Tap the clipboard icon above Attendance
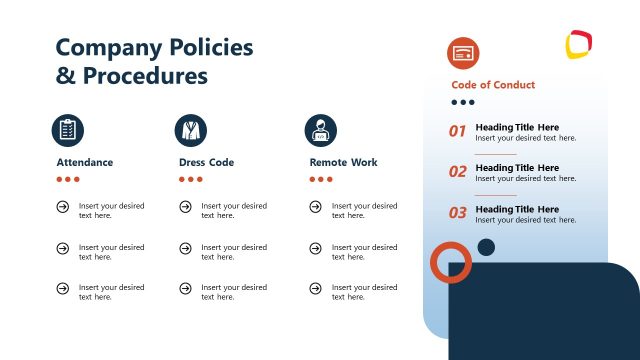click(x=68, y=130)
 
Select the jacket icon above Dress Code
click(x=191, y=130)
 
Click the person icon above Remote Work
click(x=321, y=130)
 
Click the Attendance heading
click(x=85, y=162)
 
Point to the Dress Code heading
click(x=206, y=162)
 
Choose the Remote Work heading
click(x=344, y=162)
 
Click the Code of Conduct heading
click(x=493, y=85)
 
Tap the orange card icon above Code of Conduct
click(x=463, y=52)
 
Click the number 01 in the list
click(x=458, y=131)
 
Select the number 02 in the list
click(x=458, y=172)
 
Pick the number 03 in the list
click(x=458, y=213)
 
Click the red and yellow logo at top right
click(x=579, y=44)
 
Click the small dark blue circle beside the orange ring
click(x=486, y=247)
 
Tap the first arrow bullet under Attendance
click(x=63, y=207)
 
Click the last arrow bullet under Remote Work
click(x=315, y=288)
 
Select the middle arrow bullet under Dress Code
click(x=185, y=248)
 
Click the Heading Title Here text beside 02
click(x=517, y=168)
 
